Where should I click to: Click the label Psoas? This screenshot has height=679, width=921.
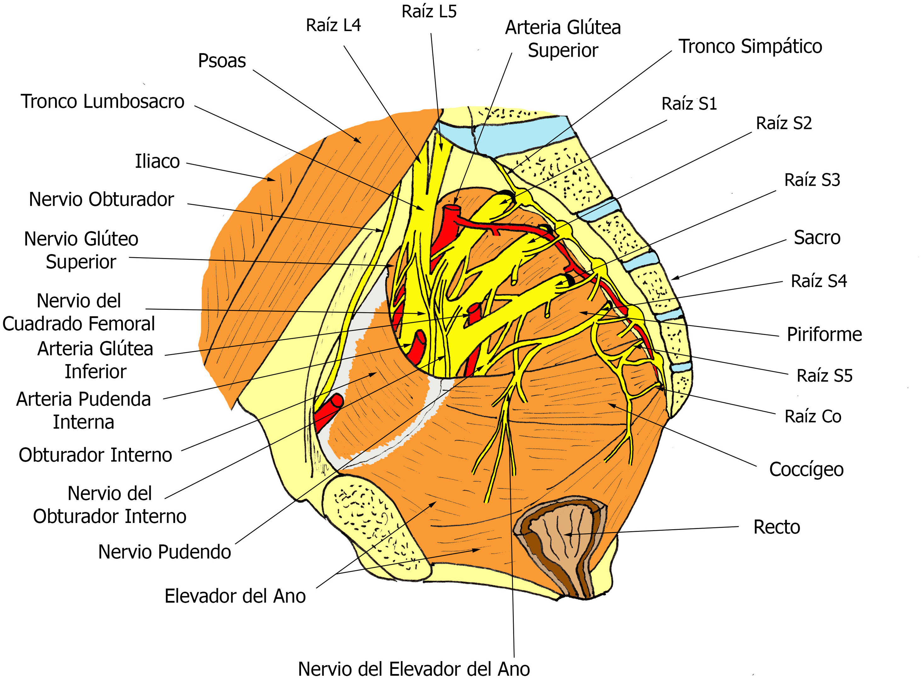point(222,61)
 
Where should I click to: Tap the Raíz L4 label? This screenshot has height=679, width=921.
point(333,26)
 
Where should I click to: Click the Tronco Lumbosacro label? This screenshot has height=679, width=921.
point(103,102)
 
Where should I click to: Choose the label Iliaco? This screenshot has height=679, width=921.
point(157,161)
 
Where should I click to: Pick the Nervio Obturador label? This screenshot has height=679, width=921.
point(101,199)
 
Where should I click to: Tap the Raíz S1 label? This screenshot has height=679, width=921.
point(689,104)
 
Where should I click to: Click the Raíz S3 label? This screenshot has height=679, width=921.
point(812,180)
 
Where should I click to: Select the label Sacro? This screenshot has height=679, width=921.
point(817,238)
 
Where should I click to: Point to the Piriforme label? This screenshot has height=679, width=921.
point(824,334)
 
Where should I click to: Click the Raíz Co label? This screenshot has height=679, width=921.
point(813,416)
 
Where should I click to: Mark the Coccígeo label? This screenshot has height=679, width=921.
point(806,469)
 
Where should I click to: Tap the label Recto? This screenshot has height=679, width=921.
point(776,527)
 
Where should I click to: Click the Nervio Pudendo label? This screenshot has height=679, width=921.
point(165,552)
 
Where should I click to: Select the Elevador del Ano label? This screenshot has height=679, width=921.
point(235,596)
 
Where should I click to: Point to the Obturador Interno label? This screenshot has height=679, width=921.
point(95,455)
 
